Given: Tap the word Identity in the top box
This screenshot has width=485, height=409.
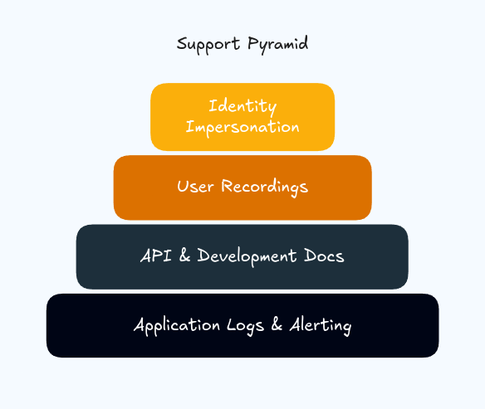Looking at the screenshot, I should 242,107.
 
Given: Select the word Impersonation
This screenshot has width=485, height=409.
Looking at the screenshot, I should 242,127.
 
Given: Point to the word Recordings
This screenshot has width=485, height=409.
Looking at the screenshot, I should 264,187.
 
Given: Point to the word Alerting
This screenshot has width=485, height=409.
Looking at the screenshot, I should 320,326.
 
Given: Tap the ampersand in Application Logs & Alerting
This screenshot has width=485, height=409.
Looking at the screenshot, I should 278,325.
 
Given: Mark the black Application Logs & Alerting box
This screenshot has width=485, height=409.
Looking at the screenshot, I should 242,345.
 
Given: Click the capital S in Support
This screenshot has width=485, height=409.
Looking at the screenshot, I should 182,43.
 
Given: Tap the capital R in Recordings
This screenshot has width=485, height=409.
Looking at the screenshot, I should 227,186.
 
